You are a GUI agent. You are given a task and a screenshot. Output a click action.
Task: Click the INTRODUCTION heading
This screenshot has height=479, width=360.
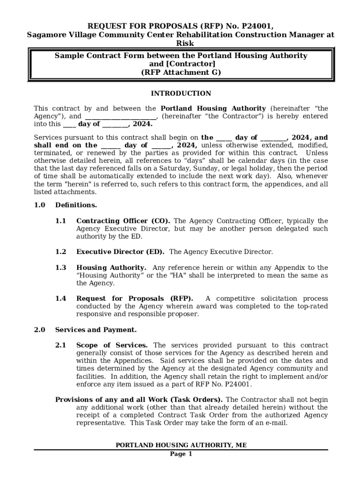point(180,94)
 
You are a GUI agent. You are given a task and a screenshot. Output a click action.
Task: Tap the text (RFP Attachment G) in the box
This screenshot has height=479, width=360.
point(180,73)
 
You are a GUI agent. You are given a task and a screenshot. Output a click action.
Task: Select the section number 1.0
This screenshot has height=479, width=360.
point(39,205)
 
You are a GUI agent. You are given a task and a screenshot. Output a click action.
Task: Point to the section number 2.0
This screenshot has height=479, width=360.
point(39,330)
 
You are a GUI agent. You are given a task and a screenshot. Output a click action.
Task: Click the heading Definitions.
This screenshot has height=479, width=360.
point(76,205)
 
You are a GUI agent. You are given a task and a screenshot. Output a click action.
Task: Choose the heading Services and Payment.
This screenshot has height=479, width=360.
point(96,330)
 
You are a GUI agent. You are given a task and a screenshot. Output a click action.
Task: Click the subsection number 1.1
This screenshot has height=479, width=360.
point(61,221)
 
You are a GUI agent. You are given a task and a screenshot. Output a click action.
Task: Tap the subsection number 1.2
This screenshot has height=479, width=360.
point(61,252)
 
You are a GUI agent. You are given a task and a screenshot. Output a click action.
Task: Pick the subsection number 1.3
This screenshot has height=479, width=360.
point(61,268)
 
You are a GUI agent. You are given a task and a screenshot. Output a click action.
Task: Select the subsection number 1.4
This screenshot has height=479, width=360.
point(61,298)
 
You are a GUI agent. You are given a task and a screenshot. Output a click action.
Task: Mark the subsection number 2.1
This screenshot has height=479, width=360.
point(61,345)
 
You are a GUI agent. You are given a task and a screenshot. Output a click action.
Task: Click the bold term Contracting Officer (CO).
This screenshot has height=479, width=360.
point(123,221)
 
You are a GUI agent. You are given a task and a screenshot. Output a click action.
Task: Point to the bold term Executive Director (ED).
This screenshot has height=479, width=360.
point(120,252)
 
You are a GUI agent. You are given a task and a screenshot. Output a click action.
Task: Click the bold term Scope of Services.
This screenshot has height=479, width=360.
point(112,345)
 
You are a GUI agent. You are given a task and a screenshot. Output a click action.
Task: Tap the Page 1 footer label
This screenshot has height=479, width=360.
point(181,454)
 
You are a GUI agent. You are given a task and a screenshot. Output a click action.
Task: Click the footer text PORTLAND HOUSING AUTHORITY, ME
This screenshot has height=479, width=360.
point(181,445)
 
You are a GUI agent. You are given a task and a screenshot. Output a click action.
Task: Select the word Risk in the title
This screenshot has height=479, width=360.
point(180,43)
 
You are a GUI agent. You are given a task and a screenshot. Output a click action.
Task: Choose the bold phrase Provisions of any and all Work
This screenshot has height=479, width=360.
point(112,399)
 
